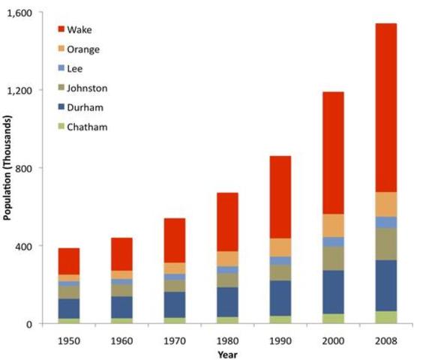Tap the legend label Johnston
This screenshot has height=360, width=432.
(x=86, y=88)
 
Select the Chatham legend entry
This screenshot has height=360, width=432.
(x=87, y=127)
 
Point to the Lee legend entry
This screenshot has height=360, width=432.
(x=74, y=69)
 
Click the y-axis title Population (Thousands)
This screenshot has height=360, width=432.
(x=7, y=167)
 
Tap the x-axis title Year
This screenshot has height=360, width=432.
(x=227, y=354)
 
